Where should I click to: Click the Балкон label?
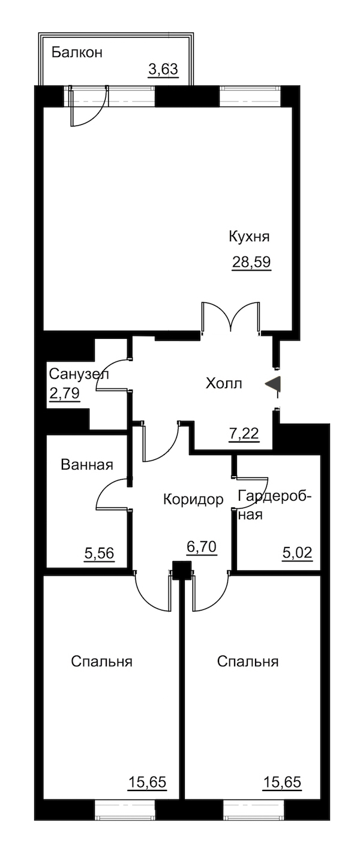(x=77, y=52)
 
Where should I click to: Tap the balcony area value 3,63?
(x=163, y=70)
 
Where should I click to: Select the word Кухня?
(x=249, y=237)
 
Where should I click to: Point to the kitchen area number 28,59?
(x=251, y=261)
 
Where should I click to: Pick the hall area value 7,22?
(x=244, y=434)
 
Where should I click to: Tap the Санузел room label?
(x=79, y=374)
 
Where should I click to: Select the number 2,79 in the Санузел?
(x=64, y=393)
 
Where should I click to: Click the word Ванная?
(x=87, y=465)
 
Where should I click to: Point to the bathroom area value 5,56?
(x=99, y=553)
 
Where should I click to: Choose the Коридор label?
(x=193, y=500)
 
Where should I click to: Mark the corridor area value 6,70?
(x=202, y=546)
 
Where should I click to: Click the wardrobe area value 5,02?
(x=298, y=553)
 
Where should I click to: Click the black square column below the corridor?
(x=182, y=570)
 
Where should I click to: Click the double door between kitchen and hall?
(x=231, y=318)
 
